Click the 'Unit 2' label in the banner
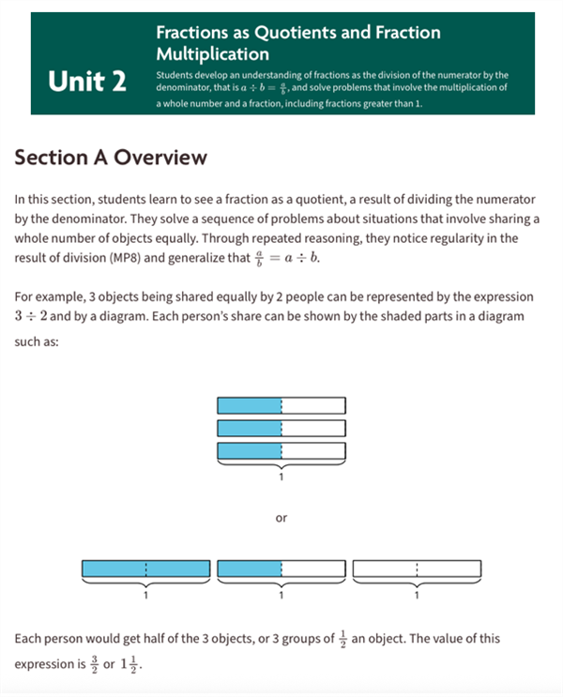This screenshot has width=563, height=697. point(87,83)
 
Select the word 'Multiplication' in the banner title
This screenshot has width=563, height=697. point(213,53)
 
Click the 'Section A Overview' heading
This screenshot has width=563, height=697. point(110,158)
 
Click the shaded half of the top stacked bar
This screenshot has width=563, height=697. point(250,406)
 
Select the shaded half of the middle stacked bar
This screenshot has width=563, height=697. point(250,428)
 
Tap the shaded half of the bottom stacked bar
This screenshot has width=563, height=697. point(250,450)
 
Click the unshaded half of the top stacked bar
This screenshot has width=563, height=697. point(313,406)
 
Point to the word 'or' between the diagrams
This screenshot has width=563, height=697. point(281,517)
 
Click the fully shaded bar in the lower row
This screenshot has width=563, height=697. point(145,568)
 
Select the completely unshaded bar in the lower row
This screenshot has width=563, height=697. point(417,568)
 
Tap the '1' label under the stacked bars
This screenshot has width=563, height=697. point(281,477)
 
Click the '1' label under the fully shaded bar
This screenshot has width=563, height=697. point(145,594)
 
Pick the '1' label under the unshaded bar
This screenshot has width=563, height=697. point(417,594)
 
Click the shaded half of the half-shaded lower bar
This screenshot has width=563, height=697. point(250,568)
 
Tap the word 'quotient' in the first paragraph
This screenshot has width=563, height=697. point(329,200)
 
